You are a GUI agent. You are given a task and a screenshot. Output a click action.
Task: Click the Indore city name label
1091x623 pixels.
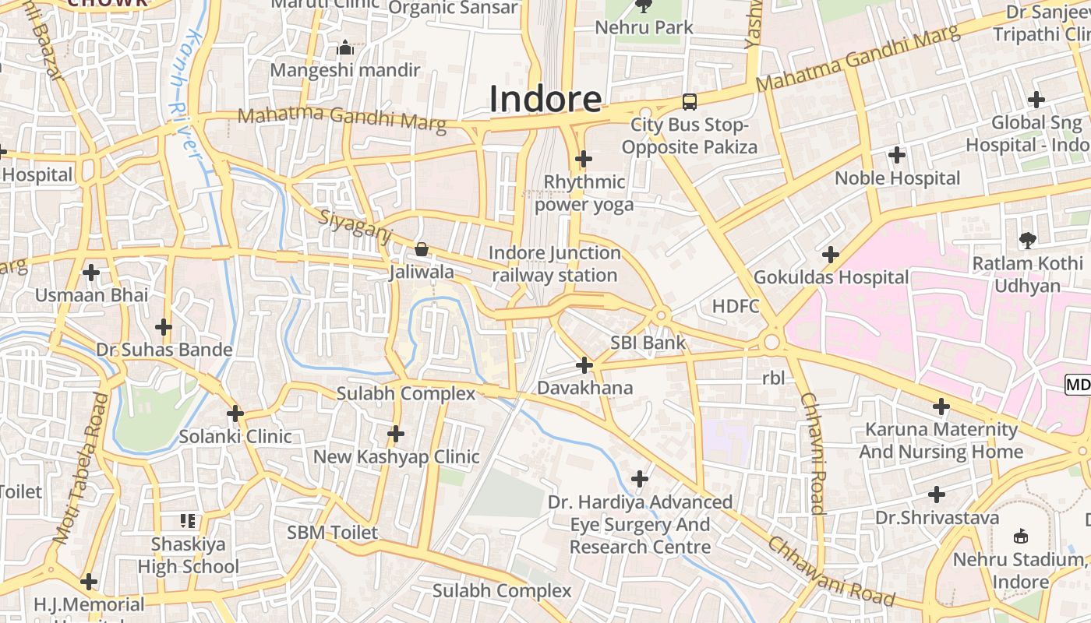coord(545,99)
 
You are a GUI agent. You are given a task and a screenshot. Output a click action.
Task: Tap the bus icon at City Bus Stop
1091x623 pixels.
coord(690,101)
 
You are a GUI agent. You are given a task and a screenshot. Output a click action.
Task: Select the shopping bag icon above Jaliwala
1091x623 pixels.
coord(422,249)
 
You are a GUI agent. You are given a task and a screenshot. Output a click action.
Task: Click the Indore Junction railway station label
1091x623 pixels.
coord(555,264)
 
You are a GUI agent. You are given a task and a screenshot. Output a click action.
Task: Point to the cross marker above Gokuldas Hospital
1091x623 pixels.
coord(831,255)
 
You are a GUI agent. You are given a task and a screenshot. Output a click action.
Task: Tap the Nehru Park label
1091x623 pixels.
coord(644,27)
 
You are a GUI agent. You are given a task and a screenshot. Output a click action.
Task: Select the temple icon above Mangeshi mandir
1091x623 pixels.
coord(345,49)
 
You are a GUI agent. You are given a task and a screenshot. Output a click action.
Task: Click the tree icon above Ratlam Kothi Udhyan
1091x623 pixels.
coord(1027,241)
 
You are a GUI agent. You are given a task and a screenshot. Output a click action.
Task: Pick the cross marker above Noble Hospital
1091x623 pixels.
coord(897,155)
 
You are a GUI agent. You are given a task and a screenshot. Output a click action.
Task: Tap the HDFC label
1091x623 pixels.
coord(736,306)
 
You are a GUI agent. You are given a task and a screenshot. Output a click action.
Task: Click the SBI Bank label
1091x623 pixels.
coord(648,343)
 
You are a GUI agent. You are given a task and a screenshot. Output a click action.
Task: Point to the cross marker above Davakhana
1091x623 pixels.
coord(584,364)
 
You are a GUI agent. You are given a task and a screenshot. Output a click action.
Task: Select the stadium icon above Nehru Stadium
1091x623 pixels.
coord(1021,536)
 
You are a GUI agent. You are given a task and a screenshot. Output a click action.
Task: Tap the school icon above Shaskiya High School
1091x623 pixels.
coord(188,520)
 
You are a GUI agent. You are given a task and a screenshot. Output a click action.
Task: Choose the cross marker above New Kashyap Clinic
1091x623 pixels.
coord(396,433)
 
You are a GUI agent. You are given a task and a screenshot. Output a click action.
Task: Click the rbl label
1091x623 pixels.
coord(773,378)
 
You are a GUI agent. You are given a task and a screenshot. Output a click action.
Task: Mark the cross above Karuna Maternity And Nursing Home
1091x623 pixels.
coord(941,406)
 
